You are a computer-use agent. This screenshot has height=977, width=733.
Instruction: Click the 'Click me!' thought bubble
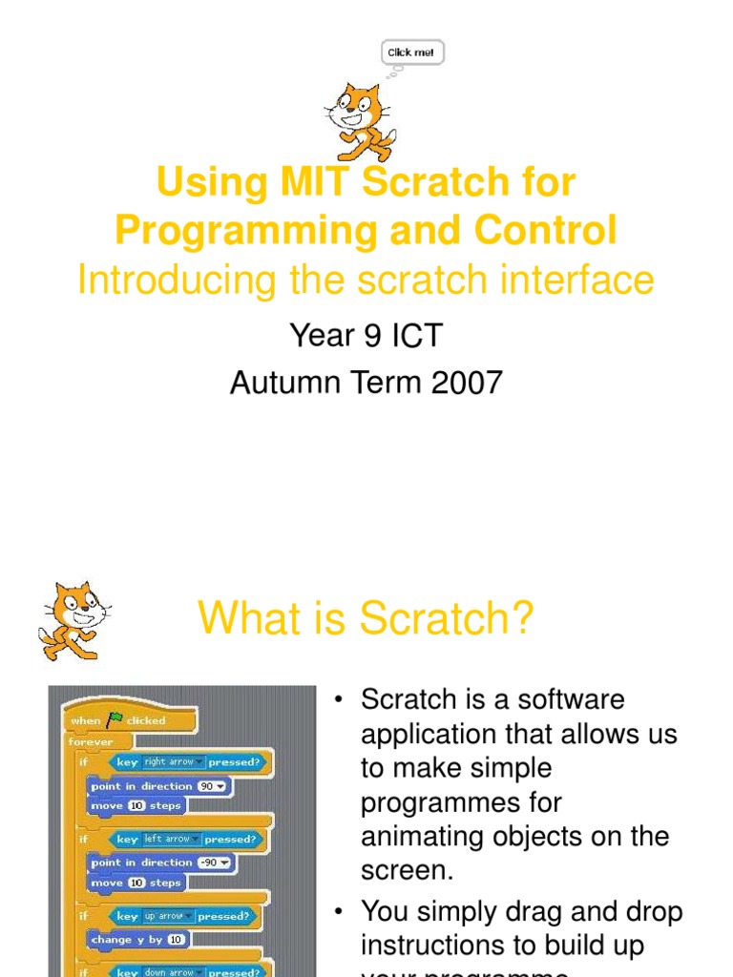click(412, 52)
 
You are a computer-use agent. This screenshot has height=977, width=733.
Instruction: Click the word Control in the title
click(548, 231)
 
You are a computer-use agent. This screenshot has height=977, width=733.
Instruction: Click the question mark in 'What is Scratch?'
click(522, 620)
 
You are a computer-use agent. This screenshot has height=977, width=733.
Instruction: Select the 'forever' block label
click(91, 741)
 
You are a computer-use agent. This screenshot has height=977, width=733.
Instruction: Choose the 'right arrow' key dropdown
click(171, 762)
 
